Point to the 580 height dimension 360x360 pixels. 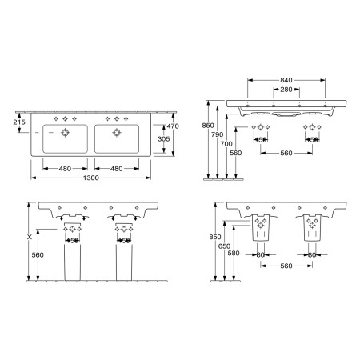[x=232, y=253]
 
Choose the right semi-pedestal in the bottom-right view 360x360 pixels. [x=311, y=230]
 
